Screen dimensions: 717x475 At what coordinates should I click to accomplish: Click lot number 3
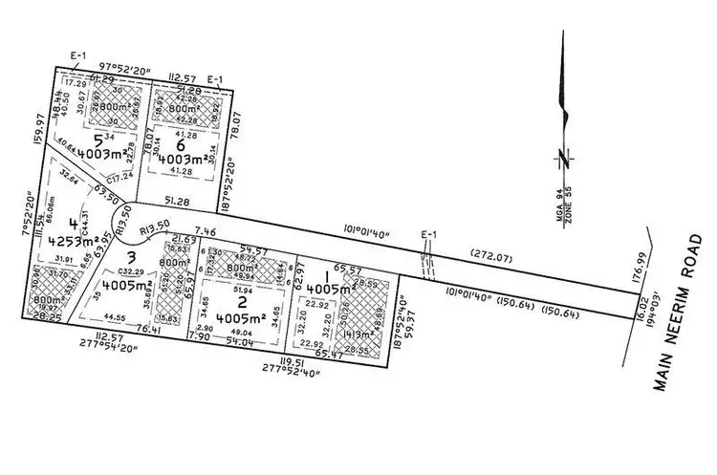point(133,256)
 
